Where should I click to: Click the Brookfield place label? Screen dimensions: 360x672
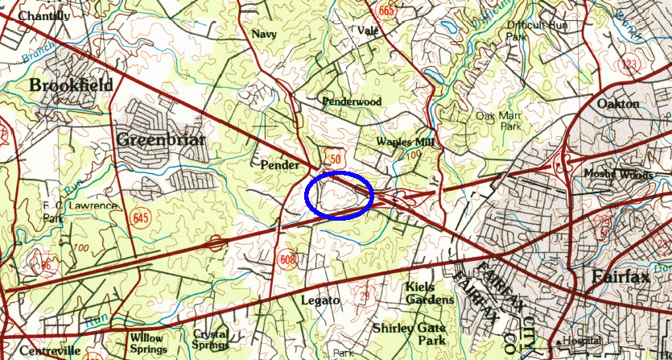[72, 85]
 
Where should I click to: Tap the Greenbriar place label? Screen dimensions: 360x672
[161, 139]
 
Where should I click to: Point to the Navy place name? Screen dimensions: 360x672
[263, 34]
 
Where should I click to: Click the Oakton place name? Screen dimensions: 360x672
[618, 104]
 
